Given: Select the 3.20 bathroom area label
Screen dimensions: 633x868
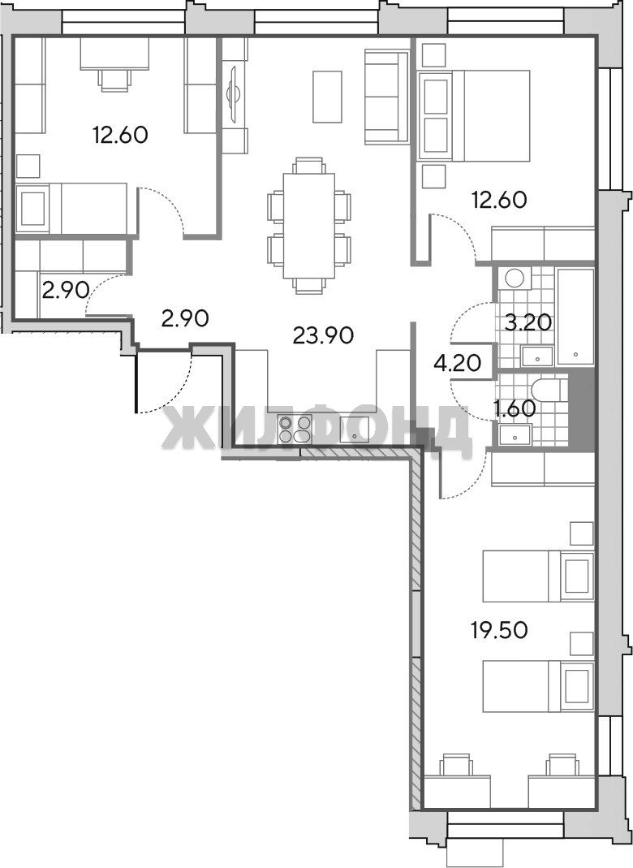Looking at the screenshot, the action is coord(529,322).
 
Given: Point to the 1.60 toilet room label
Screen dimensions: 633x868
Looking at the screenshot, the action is coord(515,408).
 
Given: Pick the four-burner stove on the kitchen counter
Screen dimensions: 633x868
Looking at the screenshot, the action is coord(295,430).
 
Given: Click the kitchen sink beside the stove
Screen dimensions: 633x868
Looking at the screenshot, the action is coord(354,430).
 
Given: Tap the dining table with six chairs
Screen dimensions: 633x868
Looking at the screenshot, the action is coord(308,225).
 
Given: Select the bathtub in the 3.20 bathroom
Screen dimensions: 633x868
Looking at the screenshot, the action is coord(575,316).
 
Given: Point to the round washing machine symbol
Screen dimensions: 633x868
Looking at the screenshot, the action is coord(514,278).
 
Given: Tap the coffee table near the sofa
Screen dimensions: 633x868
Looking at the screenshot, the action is coord(328,97).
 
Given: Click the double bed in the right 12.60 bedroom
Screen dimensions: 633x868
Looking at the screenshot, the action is coord(475,115).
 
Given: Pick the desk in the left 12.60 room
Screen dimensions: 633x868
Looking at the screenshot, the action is coord(114,53).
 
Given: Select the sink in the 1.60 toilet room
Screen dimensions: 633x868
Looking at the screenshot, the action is coord(515,434).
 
